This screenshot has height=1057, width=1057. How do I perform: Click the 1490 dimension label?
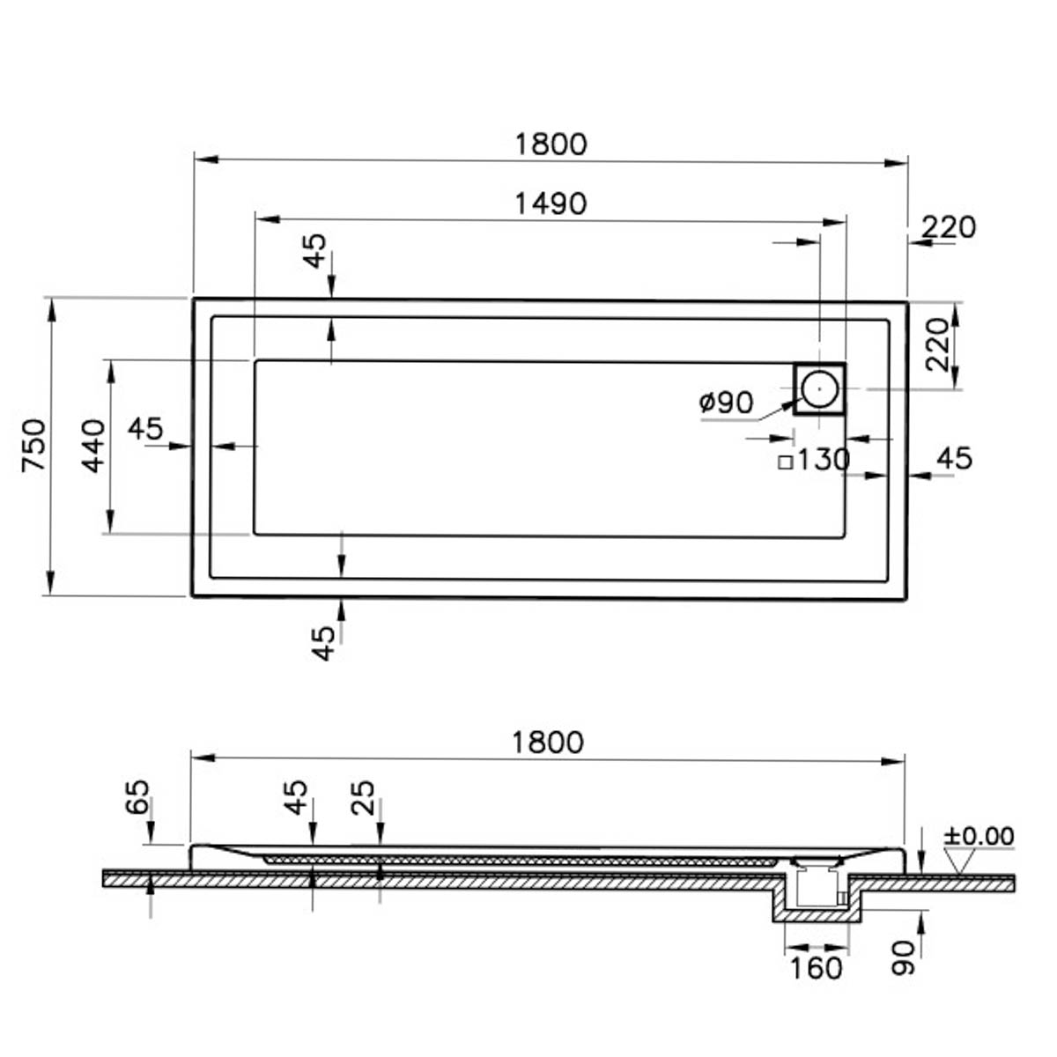(x=551, y=204)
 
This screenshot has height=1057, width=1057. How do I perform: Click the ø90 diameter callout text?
(x=726, y=403)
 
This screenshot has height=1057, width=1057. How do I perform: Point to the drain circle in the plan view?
(x=819, y=388)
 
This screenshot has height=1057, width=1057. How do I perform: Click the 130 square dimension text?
(x=823, y=460)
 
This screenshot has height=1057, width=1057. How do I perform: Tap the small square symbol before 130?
(x=786, y=462)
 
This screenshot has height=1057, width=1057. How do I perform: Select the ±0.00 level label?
(x=979, y=836)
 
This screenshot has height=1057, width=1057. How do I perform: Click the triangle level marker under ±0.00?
(x=959, y=861)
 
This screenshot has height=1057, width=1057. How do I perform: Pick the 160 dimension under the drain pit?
(x=816, y=968)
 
